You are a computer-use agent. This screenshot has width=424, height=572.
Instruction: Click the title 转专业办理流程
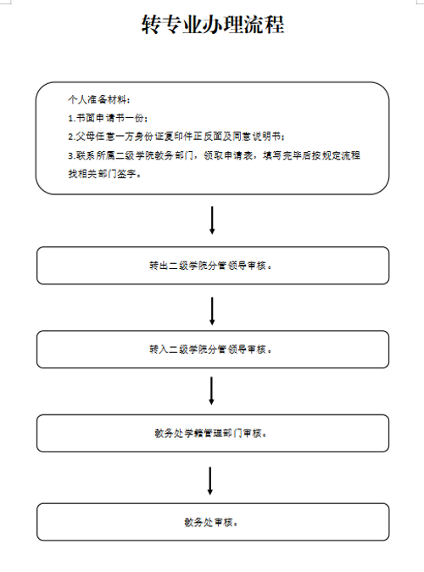tap(213, 25)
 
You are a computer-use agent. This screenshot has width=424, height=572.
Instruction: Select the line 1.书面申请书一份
tap(108, 118)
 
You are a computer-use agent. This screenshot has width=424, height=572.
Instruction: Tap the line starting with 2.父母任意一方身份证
tap(176, 137)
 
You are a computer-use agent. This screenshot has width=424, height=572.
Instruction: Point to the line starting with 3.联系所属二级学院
tap(214, 155)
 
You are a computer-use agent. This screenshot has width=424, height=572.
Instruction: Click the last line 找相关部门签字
tap(104, 174)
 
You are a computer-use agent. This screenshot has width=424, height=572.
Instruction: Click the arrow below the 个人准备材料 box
tap(212, 221)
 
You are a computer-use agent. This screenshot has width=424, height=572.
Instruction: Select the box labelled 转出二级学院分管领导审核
tap(213, 266)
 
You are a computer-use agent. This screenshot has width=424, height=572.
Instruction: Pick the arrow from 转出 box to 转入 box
tap(212, 311)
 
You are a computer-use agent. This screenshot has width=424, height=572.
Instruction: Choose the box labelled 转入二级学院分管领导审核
tap(213, 350)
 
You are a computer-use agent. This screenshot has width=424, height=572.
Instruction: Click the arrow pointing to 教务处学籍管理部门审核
tap(211, 391)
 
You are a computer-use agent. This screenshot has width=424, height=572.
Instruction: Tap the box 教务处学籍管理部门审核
tap(213, 433)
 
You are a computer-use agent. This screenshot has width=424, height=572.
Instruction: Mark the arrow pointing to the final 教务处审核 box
tap(210, 481)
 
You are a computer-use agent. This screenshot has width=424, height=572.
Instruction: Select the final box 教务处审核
tap(213, 522)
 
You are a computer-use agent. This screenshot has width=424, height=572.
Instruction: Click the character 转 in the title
tap(151, 25)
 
